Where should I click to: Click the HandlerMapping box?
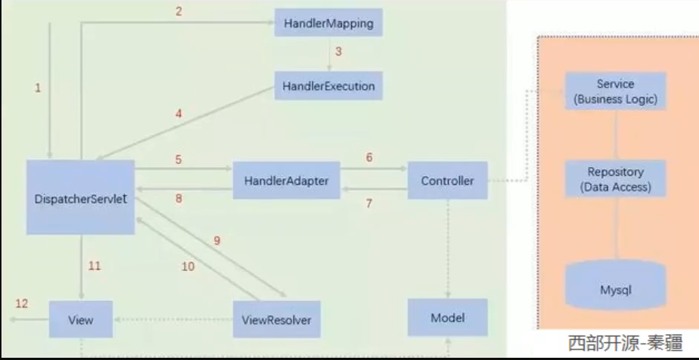tap(328, 23)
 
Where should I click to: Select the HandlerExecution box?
tap(328, 86)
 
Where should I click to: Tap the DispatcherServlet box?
tap(81, 197)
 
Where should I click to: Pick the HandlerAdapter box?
tap(286, 180)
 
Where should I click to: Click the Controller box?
tap(447, 180)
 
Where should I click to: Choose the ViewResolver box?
tap(276, 321)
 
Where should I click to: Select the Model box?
tap(447, 318)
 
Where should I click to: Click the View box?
tap(80, 320)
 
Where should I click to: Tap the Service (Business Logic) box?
tap(615, 91)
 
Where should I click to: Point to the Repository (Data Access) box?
tap(615, 179)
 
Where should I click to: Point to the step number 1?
tap(38, 88)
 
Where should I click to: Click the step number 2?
tap(177, 11)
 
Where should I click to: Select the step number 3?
tap(338, 52)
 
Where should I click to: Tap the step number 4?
tap(177, 114)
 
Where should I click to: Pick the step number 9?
tap(217, 240)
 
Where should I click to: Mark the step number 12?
tap(22, 304)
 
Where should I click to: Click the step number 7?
tap(369, 203)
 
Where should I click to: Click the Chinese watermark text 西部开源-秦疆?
tap(625, 343)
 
